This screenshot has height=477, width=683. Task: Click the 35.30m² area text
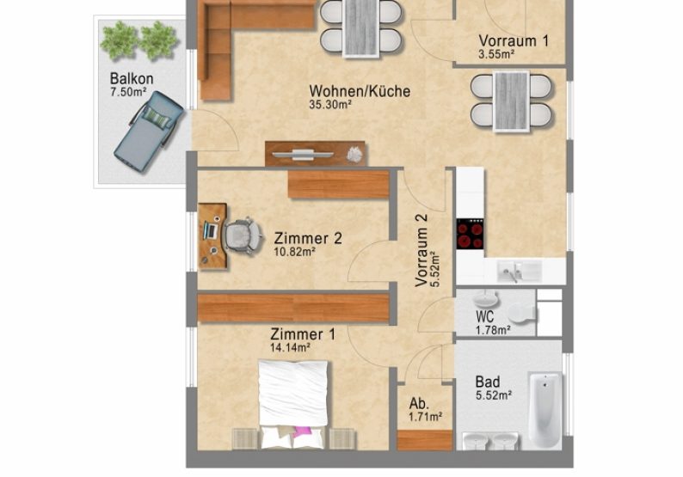(332, 106)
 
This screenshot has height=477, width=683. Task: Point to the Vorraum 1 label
(514, 40)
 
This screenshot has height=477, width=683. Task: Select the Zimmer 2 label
(308, 238)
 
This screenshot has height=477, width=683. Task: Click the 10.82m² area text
(295, 253)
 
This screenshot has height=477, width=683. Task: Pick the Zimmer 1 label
(302, 334)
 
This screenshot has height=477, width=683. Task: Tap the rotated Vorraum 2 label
(422, 250)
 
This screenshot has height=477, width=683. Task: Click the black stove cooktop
(470, 234)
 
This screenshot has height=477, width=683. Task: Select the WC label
(483, 315)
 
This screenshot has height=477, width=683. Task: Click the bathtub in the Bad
(544, 410)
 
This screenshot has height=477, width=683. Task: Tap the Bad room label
(488, 382)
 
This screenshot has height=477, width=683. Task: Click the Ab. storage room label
(419, 403)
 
